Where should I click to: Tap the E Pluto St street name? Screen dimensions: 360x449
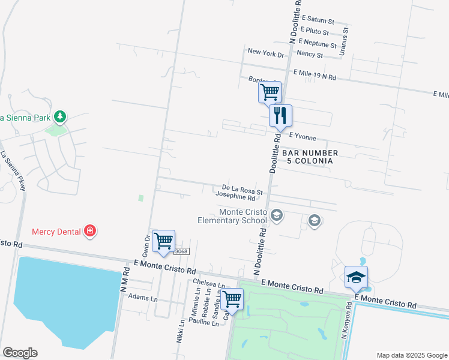click(315, 31)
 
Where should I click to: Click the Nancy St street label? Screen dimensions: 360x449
click(311, 55)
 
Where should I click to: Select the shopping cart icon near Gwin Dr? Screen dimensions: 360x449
click(163, 241)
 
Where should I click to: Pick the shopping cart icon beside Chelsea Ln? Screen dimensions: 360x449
click(232, 298)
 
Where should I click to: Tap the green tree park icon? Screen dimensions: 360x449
click(59, 116)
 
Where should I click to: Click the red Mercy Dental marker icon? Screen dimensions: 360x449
click(90, 231)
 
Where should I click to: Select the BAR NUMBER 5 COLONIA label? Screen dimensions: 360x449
click(310, 157)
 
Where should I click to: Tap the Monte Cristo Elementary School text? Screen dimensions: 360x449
click(234, 216)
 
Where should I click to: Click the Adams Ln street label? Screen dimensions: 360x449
click(143, 298)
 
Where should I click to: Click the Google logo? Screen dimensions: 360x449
click(20, 353)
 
